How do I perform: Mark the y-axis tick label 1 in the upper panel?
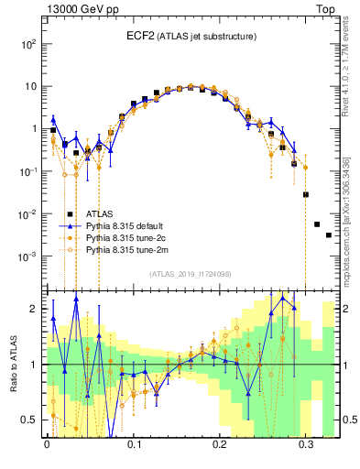tap(34, 129)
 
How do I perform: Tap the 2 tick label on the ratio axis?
tap(34, 309)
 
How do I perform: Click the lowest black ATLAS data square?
tap(329, 235)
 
